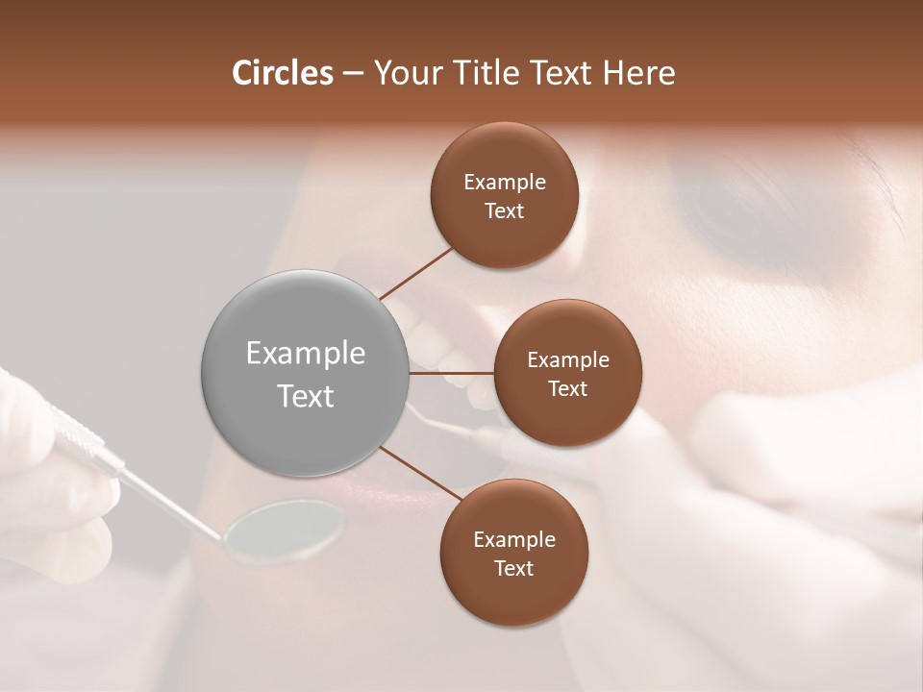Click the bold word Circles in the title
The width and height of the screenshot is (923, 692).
(282, 73)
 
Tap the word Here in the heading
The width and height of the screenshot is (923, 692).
(638, 73)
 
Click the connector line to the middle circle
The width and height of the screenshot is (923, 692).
(452, 373)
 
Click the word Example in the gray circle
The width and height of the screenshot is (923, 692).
(305, 353)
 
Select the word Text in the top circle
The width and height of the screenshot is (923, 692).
(504, 210)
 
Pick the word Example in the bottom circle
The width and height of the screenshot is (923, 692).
(513, 539)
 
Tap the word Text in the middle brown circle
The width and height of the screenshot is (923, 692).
(567, 388)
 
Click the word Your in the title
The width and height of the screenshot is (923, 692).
(408, 73)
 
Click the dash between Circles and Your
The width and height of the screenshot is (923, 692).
(352, 74)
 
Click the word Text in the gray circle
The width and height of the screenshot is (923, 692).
(305, 396)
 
